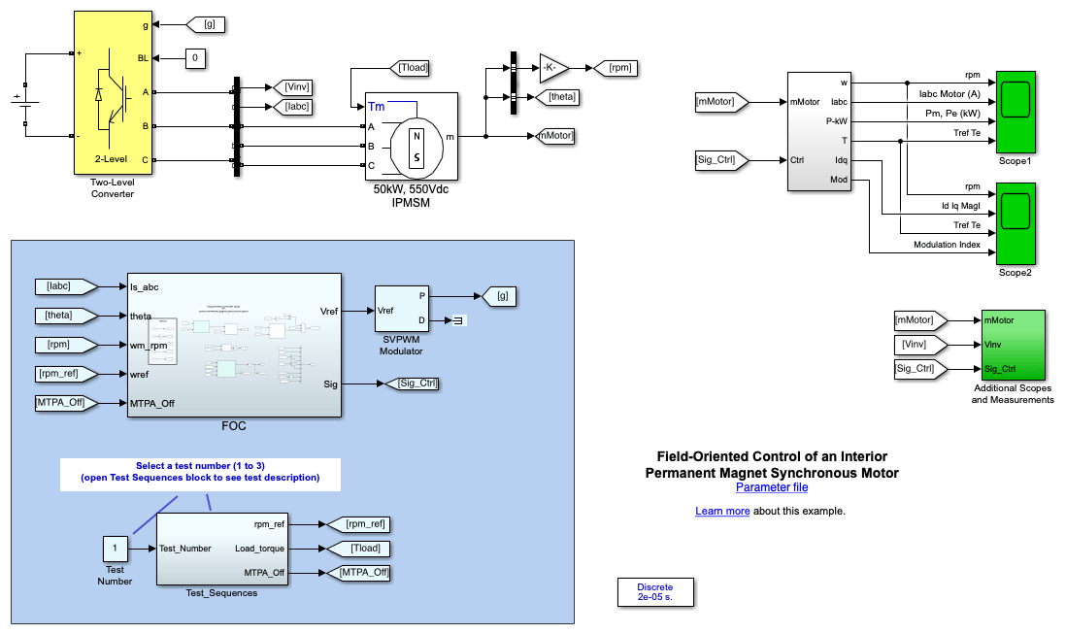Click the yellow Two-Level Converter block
coord(115,93)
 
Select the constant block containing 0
coord(195,59)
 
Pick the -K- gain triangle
coord(553,67)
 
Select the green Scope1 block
coord(1016,111)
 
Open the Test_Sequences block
coord(221,549)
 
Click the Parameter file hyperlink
coord(771,487)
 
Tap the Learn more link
coord(722,511)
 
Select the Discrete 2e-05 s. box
coord(655,592)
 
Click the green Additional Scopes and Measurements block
coord(1013,345)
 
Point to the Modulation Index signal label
coord(947,245)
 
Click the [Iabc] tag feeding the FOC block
coord(65,285)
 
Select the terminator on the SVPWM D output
coord(461,320)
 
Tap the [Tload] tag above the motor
coord(413,68)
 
